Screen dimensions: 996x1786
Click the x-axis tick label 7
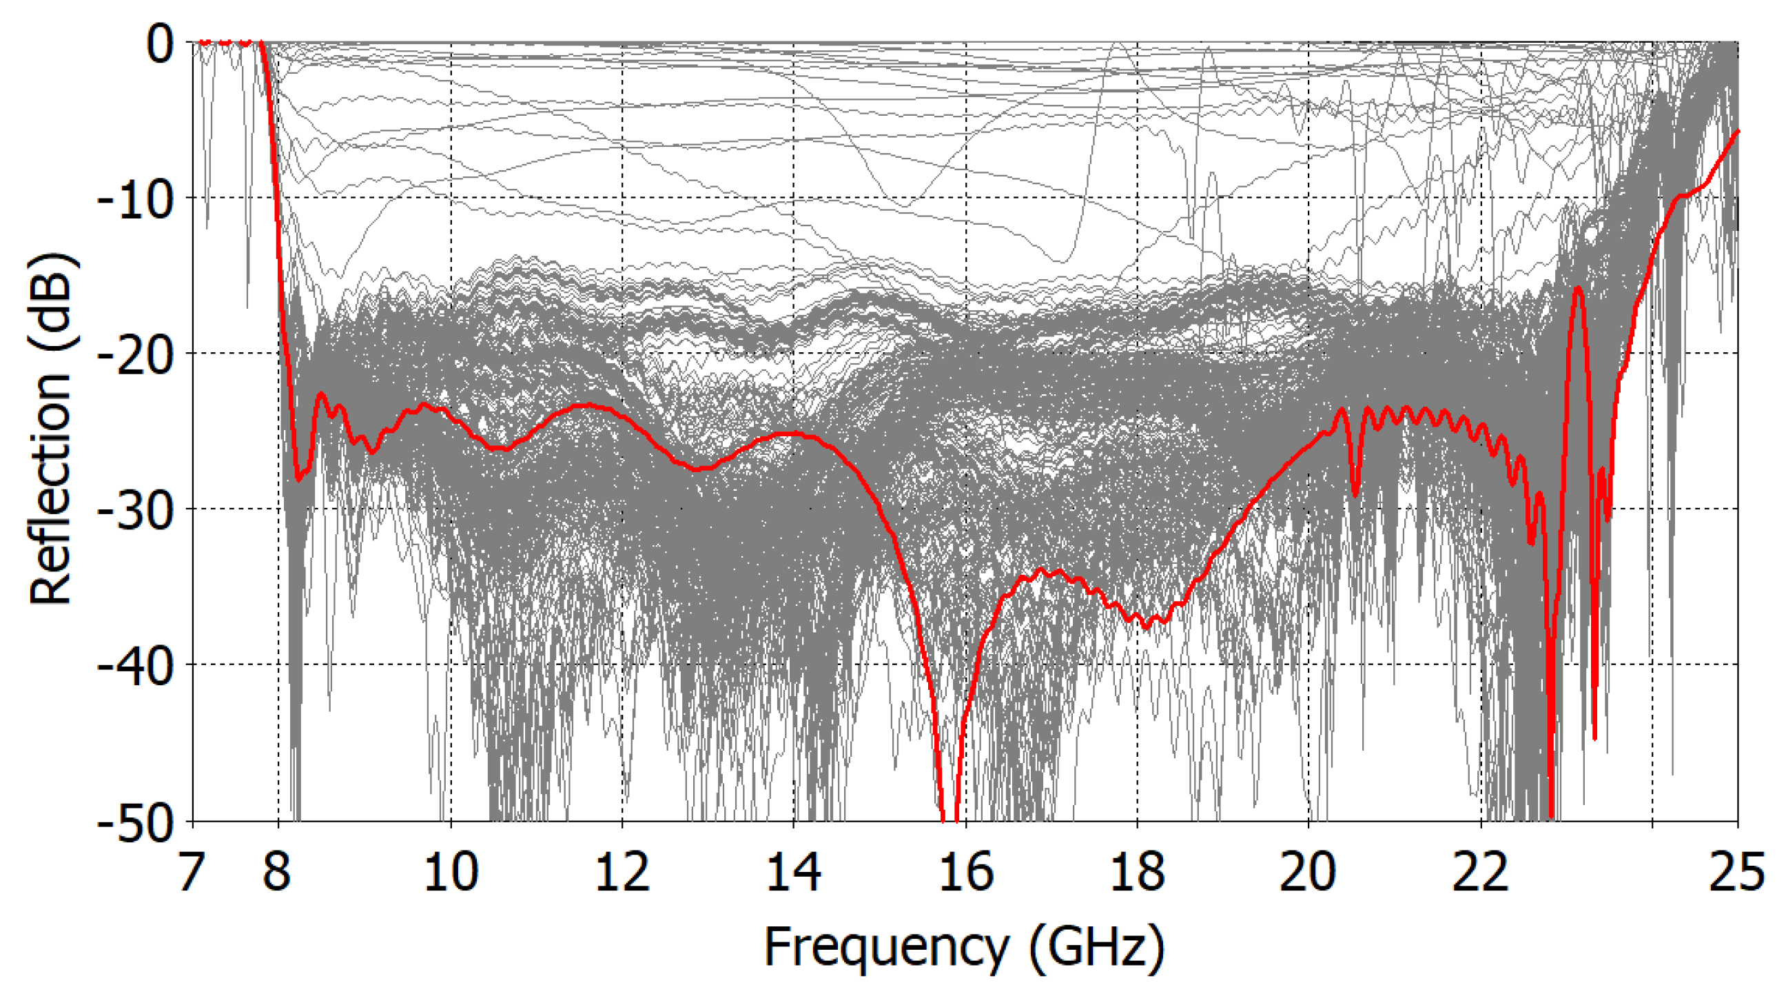192,872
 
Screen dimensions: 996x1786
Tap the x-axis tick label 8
276,872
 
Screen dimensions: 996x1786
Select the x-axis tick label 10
451,872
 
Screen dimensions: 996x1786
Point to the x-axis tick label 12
622,872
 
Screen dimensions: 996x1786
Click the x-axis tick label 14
793,872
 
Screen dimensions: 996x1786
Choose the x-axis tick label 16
965,872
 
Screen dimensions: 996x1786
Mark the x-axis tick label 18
1137,872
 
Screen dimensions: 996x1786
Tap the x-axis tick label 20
1308,872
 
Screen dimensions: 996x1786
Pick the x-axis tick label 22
1480,872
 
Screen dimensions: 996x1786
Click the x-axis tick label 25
1736,872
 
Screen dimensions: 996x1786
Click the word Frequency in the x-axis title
886,948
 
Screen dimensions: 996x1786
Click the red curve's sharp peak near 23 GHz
1579,288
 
